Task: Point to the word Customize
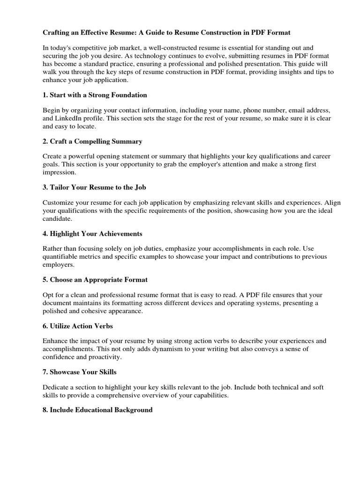59,203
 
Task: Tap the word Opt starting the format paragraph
49,295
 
